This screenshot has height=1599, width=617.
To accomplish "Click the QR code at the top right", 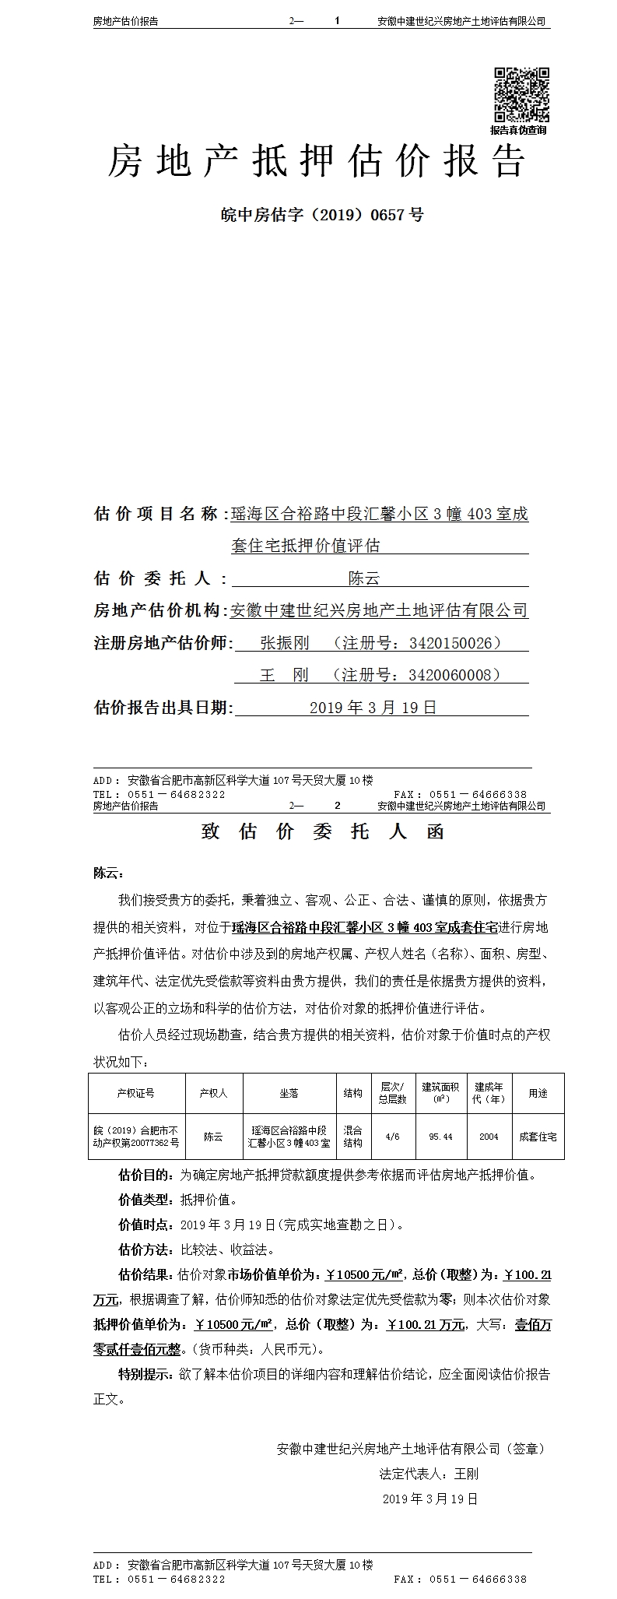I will pos(521,95).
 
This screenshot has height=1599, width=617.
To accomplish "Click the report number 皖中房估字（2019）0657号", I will pos(322,214).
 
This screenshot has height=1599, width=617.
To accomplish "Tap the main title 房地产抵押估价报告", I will pos(316,161).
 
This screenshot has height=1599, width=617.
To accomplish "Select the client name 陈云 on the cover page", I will pos(363,578).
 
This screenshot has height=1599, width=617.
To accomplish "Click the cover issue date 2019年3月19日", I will pos(373,708).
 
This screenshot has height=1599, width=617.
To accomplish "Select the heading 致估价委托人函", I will pos(323,831).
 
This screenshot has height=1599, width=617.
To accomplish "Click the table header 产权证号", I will pos(136,1093).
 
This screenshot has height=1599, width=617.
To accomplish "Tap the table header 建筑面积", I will pos(440,1093).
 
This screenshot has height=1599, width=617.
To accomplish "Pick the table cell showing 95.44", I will pos(440,1137).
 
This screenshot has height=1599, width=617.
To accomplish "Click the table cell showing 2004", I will pos(489,1137).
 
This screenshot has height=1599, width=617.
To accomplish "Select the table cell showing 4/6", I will pos(393,1137).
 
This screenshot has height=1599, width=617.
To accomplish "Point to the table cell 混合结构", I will pos(352,1137).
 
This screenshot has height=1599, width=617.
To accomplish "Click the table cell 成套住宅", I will pos(538,1137).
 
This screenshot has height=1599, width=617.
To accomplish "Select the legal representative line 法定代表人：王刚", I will pos(429,1474).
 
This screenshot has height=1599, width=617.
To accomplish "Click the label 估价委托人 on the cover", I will pos(152,578).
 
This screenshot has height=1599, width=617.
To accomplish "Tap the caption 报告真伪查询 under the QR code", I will pos(518,130).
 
